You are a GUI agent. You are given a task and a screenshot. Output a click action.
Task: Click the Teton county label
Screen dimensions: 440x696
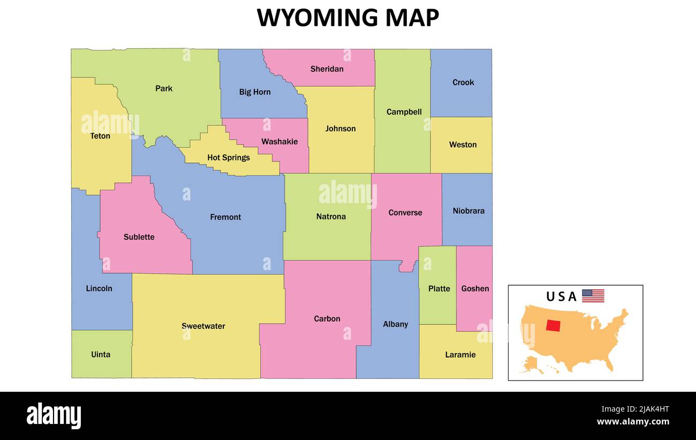tap(100, 136)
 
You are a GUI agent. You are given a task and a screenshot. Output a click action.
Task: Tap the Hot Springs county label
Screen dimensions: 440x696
tap(229, 158)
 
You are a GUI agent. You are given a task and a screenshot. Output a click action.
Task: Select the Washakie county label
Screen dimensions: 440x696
tap(279, 141)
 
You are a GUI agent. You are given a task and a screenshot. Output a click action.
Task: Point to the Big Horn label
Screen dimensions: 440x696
tap(255, 92)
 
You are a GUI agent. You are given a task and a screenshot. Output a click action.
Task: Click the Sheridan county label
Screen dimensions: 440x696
tap(327, 69)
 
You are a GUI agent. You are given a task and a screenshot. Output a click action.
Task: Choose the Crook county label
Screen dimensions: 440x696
tap(463, 83)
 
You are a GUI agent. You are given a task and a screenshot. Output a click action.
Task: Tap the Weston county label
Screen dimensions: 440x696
tap(463, 145)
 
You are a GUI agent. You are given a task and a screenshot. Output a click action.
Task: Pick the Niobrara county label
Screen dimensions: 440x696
tap(468, 211)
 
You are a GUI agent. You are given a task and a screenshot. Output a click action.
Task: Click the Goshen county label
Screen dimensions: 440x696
tap(475, 289)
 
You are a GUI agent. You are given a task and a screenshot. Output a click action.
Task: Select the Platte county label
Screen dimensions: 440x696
tap(439, 289)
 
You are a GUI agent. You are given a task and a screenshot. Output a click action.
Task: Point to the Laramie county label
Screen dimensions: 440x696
tap(460, 355)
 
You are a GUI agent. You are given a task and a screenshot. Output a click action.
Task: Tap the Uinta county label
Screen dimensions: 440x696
tap(101, 355)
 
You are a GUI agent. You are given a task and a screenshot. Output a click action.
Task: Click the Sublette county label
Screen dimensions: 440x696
tap(139, 237)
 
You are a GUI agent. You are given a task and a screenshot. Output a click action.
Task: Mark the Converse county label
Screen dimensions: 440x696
tap(405, 213)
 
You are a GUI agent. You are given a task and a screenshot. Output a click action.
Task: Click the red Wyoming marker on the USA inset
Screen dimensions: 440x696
tap(554, 326)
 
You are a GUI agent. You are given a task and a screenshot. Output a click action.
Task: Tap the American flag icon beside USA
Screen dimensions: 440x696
tap(593, 296)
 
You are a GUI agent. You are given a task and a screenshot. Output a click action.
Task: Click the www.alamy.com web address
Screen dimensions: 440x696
tap(633, 422)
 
